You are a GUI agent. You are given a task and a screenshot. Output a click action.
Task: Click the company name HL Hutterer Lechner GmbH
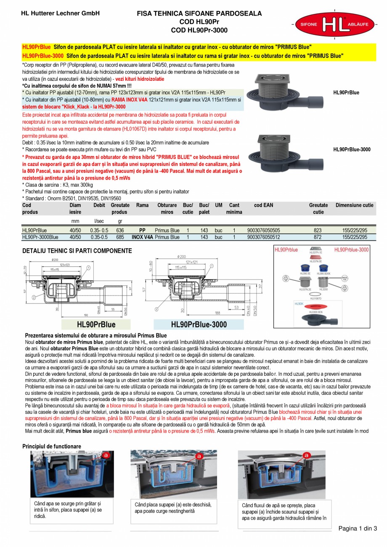coord(60,13)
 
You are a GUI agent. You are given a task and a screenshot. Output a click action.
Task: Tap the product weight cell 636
coord(120,231)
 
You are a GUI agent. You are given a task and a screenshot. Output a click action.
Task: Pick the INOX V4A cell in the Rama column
coord(142,237)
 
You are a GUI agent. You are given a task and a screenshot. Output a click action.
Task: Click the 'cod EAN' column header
coord(263,205)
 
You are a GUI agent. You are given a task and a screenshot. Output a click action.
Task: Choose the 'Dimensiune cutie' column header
coord(354,205)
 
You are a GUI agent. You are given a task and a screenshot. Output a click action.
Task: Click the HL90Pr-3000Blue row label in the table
coord(40,237)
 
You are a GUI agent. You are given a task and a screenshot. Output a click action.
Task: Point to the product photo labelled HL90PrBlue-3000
coord(286,149)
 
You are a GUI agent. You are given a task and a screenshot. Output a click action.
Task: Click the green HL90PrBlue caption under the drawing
coord(96,324)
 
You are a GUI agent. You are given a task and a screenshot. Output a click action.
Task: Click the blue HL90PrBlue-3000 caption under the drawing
coord(199,324)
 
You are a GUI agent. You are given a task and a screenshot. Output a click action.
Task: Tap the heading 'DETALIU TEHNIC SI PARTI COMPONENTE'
coord(77,251)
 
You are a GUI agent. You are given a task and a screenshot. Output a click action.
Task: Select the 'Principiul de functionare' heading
coord(52,446)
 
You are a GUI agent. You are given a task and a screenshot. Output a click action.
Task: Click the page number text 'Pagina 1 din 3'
coord(358,528)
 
